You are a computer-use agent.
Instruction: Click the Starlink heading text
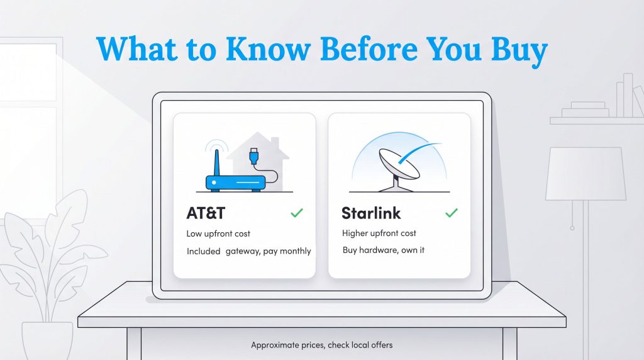pyautogui.click(x=371, y=213)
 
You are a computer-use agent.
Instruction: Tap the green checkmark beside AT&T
pyautogui.click(x=297, y=213)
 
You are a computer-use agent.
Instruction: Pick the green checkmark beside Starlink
pyautogui.click(x=451, y=213)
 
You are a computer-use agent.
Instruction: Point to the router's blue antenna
pyautogui.click(x=215, y=162)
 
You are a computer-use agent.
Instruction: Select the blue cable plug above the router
pyautogui.click(x=253, y=155)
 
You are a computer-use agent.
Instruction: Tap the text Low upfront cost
pyautogui.click(x=218, y=233)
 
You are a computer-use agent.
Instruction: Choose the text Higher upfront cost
pyautogui.click(x=379, y=233)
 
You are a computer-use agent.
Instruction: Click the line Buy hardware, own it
pyautogui.click(x=384, y=250)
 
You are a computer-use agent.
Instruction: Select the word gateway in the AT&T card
pyautogui.click(x=243, y=251)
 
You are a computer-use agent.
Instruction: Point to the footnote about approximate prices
pyautogui.click(x=322, y=345)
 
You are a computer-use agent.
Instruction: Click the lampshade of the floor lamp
pyautogui.click(x=586, y=173)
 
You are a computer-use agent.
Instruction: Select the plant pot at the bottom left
pyautogui.click(x=48, y=340)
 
